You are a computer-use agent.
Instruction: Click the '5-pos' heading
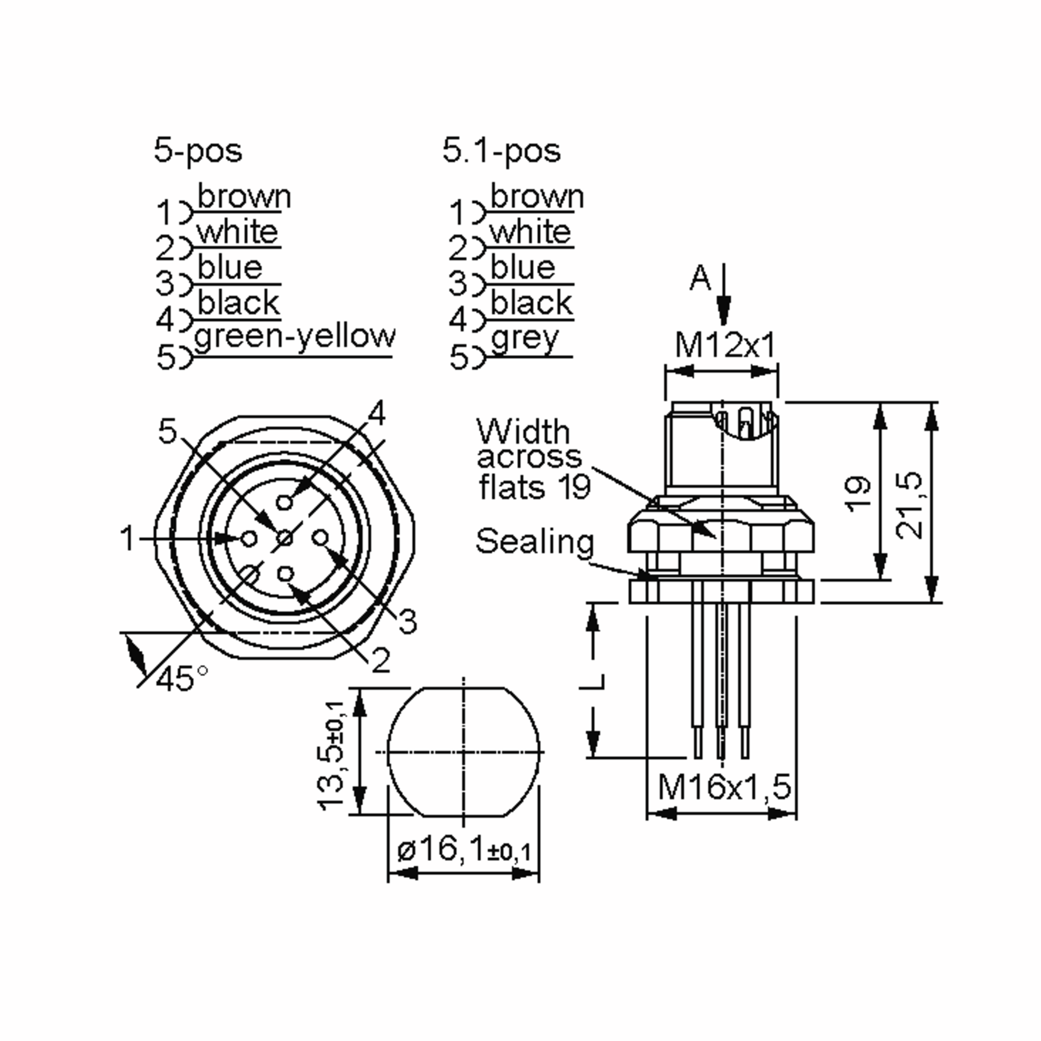pos(198,151)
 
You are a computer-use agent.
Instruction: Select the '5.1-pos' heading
pos(501,151)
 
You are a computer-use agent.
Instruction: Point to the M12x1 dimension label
pos(725,345)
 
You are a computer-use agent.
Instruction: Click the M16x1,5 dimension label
pos(724,787)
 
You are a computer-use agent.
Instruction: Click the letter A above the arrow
pos(700,278)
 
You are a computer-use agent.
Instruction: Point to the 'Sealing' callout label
pos(534,541)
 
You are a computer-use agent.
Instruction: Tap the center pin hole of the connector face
pos(285,538)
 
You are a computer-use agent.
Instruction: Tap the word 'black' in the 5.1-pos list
pos(531,303)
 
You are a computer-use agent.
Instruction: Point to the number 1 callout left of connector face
pos(128,538)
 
